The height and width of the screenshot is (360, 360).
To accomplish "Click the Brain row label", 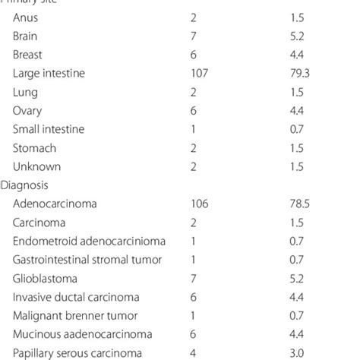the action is [x=27, y=36].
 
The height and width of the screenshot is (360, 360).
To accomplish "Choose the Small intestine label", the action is [x=49, y=129].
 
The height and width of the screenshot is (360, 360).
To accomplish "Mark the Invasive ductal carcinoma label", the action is [x=71, y=297].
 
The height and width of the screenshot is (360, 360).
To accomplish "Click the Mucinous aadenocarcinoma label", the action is [x=76, y=334].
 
